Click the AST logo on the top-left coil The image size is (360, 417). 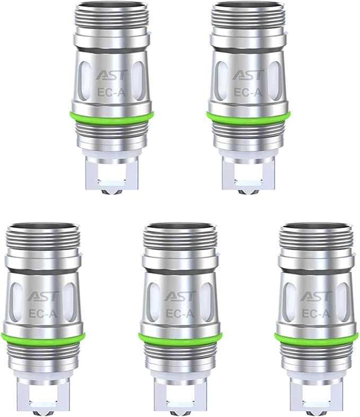tap(112, 75)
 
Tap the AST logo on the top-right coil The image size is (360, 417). tap(249, 75)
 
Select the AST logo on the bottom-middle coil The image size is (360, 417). tap(180, 296)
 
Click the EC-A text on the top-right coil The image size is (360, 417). tap(248, 92)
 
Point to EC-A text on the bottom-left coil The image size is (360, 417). tap(43, 314)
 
